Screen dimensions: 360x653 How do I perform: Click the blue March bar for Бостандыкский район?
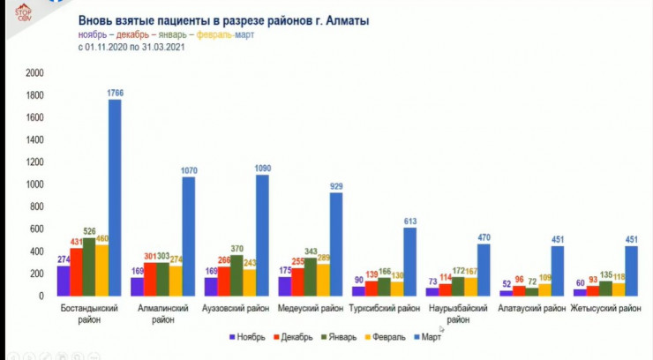click(115, 199)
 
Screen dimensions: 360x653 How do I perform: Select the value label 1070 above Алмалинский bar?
click(190, 168)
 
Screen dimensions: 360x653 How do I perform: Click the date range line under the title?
click(131, 45)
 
